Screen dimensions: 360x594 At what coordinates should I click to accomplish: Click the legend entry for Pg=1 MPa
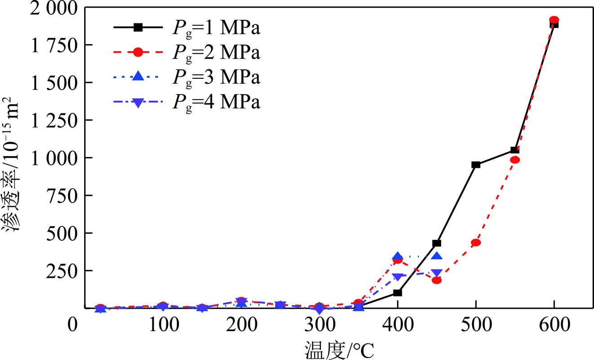click(x=187, y=28)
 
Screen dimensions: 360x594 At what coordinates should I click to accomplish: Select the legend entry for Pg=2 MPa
click(x=187, y=53)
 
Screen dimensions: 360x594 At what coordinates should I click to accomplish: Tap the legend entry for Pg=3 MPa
click(x=187, y=77)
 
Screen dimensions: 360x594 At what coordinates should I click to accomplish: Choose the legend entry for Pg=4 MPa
click(x=187, y=102)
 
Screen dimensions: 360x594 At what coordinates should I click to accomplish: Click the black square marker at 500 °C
click(x=476, y=165)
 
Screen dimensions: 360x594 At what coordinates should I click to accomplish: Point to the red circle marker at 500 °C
click(x=476, y=243)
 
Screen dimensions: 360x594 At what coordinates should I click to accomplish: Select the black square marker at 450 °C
click(x=437, y=243)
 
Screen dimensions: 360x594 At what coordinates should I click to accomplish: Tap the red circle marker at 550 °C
click(x=515, y=160)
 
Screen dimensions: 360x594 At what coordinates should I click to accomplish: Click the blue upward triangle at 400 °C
click(x=397, y=257)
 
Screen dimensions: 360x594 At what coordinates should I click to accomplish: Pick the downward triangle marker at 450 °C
click(x=437, y=273)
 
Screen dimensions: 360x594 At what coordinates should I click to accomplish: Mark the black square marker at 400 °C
click(x=397, y=293)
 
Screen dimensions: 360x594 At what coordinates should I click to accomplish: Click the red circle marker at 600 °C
click(x=554, y=20)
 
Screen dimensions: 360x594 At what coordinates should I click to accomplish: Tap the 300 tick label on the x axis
click(x=319, y=325)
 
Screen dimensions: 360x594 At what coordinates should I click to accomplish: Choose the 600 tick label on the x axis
click(x=554, y=325)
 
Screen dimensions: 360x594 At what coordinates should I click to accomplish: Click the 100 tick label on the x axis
click(x=163, y=325)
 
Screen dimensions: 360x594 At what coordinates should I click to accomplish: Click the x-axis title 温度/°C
click(x=339, y=350)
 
